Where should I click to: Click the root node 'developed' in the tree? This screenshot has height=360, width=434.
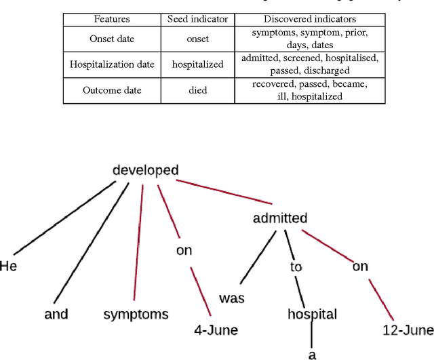[x=145, y=170]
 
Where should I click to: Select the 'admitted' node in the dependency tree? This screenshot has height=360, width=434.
[x=279, y=218]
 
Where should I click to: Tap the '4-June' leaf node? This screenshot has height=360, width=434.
[x=216, y=330]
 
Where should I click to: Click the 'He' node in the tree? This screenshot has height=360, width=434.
[x=8, y=266]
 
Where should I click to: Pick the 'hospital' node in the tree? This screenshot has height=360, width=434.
[x=312, y=315]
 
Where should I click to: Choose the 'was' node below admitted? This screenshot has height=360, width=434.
[x=231, y=298]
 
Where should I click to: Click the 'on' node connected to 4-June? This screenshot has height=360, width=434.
[x=184, y=250]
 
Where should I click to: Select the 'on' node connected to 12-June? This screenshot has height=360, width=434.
[x=359, y=266]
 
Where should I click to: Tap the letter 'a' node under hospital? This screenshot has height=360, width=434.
[x=312, y=354]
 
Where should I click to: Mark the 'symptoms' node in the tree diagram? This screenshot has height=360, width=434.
[x=136, y=315]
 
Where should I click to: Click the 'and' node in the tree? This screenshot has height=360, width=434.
[x=56, y=315]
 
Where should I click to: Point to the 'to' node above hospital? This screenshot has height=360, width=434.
[x=296, y=266]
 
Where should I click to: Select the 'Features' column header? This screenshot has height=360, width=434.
[x=112, y=19]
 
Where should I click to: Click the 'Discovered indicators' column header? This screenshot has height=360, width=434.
[x=310, y=19]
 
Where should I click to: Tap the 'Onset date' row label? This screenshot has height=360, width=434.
[x=112, y=39]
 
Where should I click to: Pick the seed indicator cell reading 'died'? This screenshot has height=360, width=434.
[x=198, y=91]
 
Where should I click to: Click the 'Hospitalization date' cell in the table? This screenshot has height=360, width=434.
[x=112, y=64]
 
